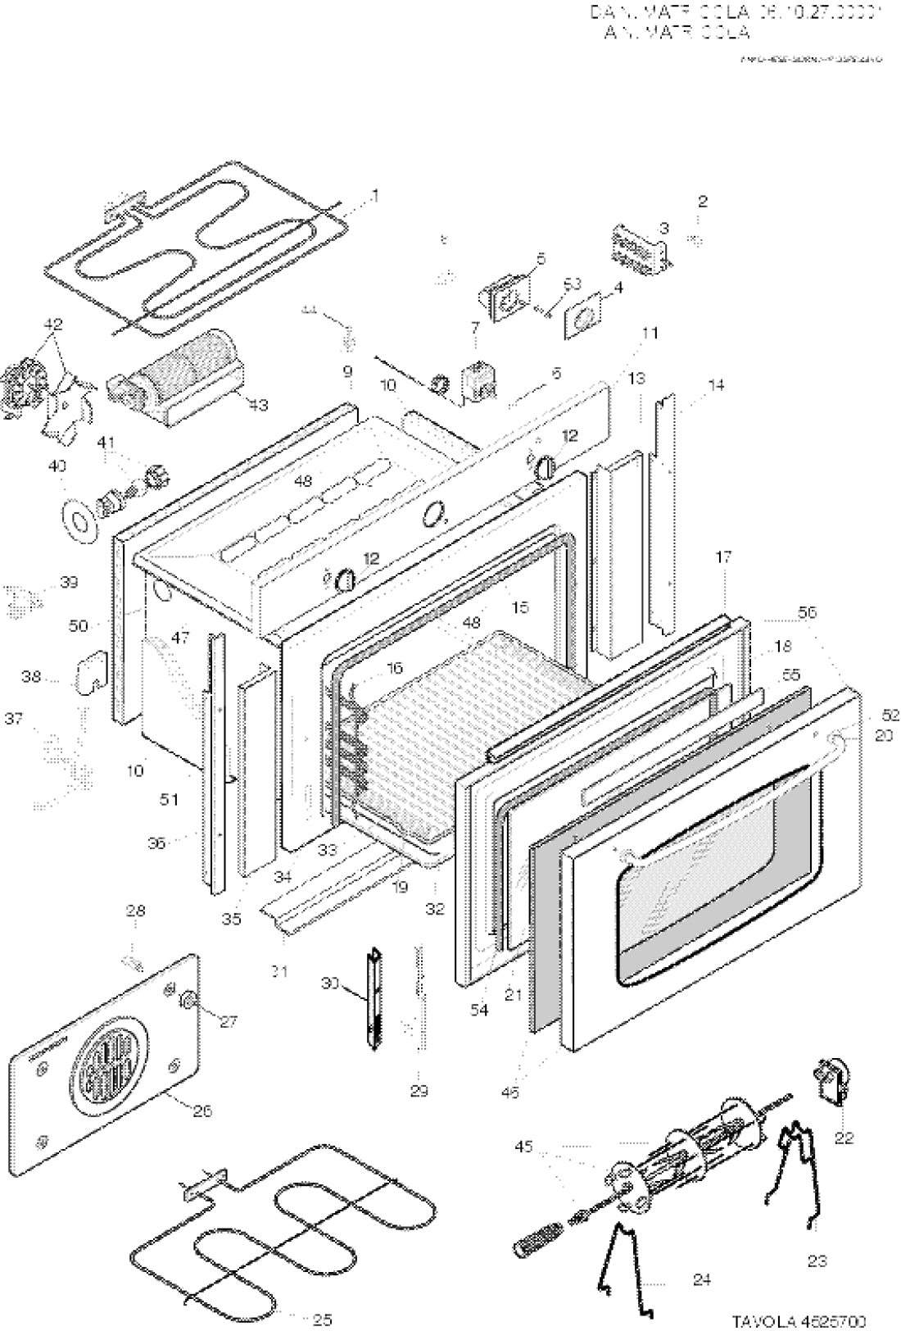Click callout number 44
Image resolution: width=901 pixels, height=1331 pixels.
click(307, 311)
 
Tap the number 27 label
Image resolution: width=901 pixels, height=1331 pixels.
click(226, 1021)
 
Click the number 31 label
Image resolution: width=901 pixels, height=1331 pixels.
click(279, 973)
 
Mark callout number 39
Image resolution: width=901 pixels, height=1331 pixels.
click(69, 584)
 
